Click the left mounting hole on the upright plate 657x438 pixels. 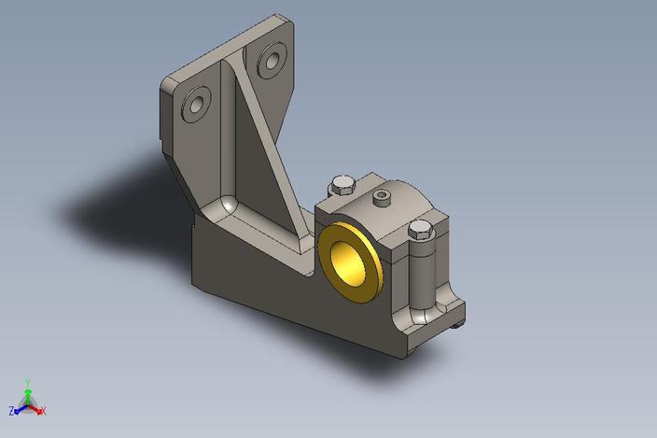(197, 106)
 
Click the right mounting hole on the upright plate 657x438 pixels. (272, 62)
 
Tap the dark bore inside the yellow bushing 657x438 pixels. (352, 257)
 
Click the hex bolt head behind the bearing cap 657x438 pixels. (342, 183)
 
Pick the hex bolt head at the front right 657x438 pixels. (421, 230)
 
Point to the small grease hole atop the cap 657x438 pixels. (381, 197)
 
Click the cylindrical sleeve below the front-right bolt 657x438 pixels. (423, 276)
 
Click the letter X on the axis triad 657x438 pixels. (44, 411)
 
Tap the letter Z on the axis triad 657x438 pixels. (13, 410)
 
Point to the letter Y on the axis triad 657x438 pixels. (29, 381)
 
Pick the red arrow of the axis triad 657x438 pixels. (36, 408)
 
